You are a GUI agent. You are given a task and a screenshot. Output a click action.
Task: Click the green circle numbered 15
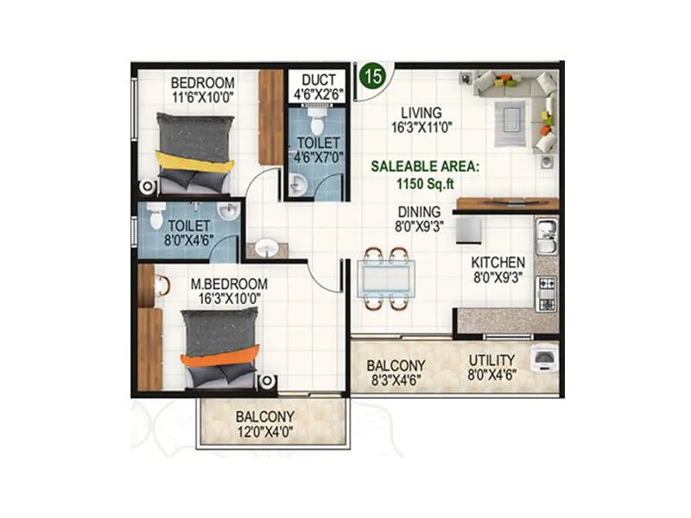coord(373,75)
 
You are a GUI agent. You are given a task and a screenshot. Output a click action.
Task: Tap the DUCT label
coord(313,80)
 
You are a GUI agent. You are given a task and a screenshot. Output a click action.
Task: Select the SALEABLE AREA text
coord(425,167)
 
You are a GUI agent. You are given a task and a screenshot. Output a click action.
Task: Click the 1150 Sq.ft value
coord(425,183)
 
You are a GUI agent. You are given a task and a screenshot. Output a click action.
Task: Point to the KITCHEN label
coord(498,262)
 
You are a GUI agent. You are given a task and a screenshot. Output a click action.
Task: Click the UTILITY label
coord(491,360)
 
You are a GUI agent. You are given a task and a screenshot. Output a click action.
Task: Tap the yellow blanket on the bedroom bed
coord(194,161)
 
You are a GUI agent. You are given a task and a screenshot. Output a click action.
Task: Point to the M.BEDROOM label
coord(229,284)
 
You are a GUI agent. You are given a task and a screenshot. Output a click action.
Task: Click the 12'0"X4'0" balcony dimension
coord(265,432)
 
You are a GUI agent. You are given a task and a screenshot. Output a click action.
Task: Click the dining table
coord(385,278)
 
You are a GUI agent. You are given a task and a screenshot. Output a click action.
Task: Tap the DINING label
coord(419,212)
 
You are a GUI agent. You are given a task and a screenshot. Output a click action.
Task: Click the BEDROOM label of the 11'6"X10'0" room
coord(201,83)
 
